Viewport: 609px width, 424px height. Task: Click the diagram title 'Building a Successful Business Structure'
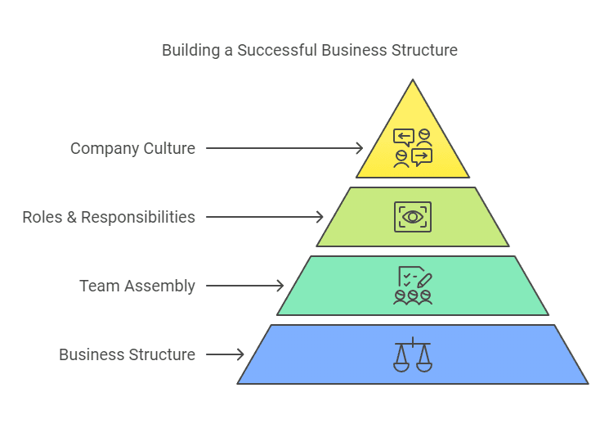(309, 50)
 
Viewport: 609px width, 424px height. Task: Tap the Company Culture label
(132, 148)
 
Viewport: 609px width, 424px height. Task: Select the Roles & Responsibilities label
(109, 217)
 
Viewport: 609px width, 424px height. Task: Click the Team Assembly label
(137, 286)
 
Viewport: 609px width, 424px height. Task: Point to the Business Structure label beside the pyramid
(127, 354)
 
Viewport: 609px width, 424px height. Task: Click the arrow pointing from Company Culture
(284, 148)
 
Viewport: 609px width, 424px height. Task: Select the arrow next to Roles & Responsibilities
(264, 217)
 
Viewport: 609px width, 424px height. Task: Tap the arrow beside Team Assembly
(244, 286)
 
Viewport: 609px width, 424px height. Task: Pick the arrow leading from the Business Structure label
(225, 354)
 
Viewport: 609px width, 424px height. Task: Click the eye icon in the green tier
(413, 217)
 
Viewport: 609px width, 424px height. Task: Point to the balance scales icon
(413, 354)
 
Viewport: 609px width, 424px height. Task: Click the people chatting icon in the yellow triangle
(413, 148)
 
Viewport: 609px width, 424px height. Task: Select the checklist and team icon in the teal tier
(413, 286)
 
